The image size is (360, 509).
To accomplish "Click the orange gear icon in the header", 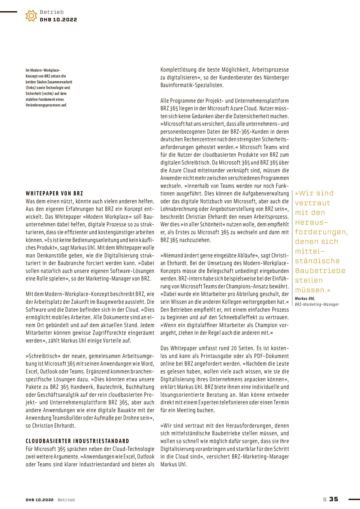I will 31,16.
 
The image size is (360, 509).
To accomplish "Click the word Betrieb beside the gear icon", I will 52,12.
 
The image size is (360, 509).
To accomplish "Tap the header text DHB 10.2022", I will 58,20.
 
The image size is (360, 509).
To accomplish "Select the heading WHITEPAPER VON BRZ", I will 54,193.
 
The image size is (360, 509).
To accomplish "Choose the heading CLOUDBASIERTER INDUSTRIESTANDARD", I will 77,441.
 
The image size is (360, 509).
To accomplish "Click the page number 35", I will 334,499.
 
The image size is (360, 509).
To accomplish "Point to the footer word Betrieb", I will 66,500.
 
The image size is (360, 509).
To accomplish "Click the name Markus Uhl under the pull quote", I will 305,299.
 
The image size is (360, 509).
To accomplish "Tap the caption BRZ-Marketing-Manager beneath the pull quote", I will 317,304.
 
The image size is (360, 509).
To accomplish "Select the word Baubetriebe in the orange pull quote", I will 320,271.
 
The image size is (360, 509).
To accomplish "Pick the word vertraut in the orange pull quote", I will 312,203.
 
